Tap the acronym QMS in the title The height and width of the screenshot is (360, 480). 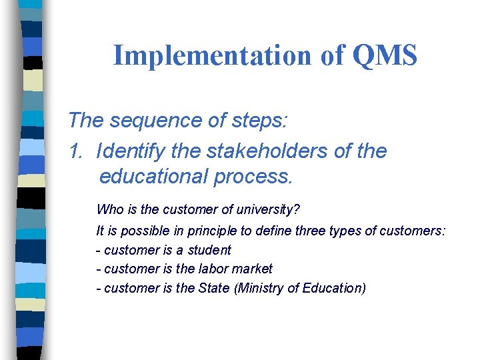coord(383,55)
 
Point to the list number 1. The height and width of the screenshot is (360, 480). coord(75,151)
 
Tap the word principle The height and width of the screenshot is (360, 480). coord(205,231)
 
